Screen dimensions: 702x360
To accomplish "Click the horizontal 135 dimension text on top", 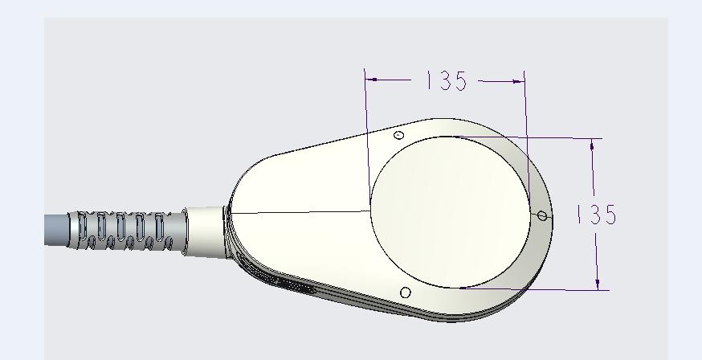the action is point(446,80).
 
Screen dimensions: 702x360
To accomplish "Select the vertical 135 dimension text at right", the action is point(596,214).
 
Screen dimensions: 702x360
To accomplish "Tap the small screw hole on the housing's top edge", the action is point(399,135).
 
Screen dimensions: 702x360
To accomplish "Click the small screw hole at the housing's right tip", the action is point(542,216).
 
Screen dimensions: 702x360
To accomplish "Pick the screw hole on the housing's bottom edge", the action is point(405,292).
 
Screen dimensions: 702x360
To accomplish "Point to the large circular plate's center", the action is point(451,212).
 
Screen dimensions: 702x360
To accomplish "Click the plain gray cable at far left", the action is point(56,230).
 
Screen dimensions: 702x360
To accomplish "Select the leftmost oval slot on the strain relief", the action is point(83,226).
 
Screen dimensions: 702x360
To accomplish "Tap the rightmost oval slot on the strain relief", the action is point(159,226).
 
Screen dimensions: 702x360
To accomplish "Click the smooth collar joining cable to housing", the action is point(206,231).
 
